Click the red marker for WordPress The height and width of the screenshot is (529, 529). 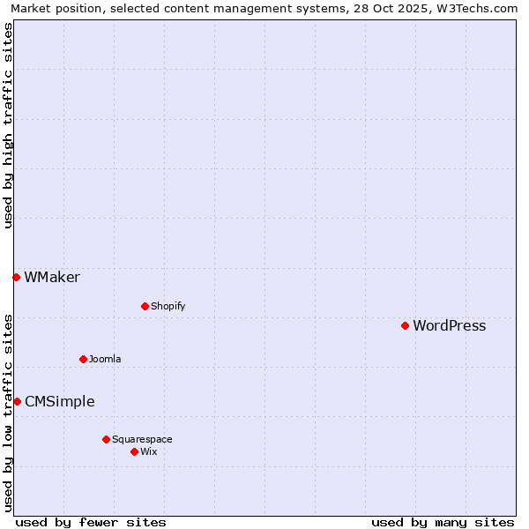pos(405,326)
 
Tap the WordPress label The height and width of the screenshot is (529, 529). pos(449,326)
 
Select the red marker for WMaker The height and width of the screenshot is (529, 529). pos(16,278)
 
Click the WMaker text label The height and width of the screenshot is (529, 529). pos(52,278)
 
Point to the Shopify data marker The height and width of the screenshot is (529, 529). pos(145,307)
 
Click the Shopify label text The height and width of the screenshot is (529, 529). pos(168,307)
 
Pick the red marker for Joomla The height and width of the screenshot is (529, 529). pos(83,359)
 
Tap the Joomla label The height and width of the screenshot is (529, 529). pos(105,360)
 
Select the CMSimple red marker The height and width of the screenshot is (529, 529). pos(17,402)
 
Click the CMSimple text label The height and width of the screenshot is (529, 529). pos(59,402)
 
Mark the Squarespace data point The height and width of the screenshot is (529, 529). pos(106,439)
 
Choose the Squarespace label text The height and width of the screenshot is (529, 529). pos(142,440)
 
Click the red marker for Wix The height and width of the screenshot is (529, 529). pos(134,451)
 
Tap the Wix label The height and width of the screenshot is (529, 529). pos(149,452)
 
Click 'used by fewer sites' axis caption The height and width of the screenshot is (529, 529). pos(91,522)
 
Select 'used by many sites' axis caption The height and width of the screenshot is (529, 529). pos(443,522)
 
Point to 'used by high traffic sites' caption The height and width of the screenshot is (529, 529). pos(8,125)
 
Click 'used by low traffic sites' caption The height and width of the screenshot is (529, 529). pos(8,412)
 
